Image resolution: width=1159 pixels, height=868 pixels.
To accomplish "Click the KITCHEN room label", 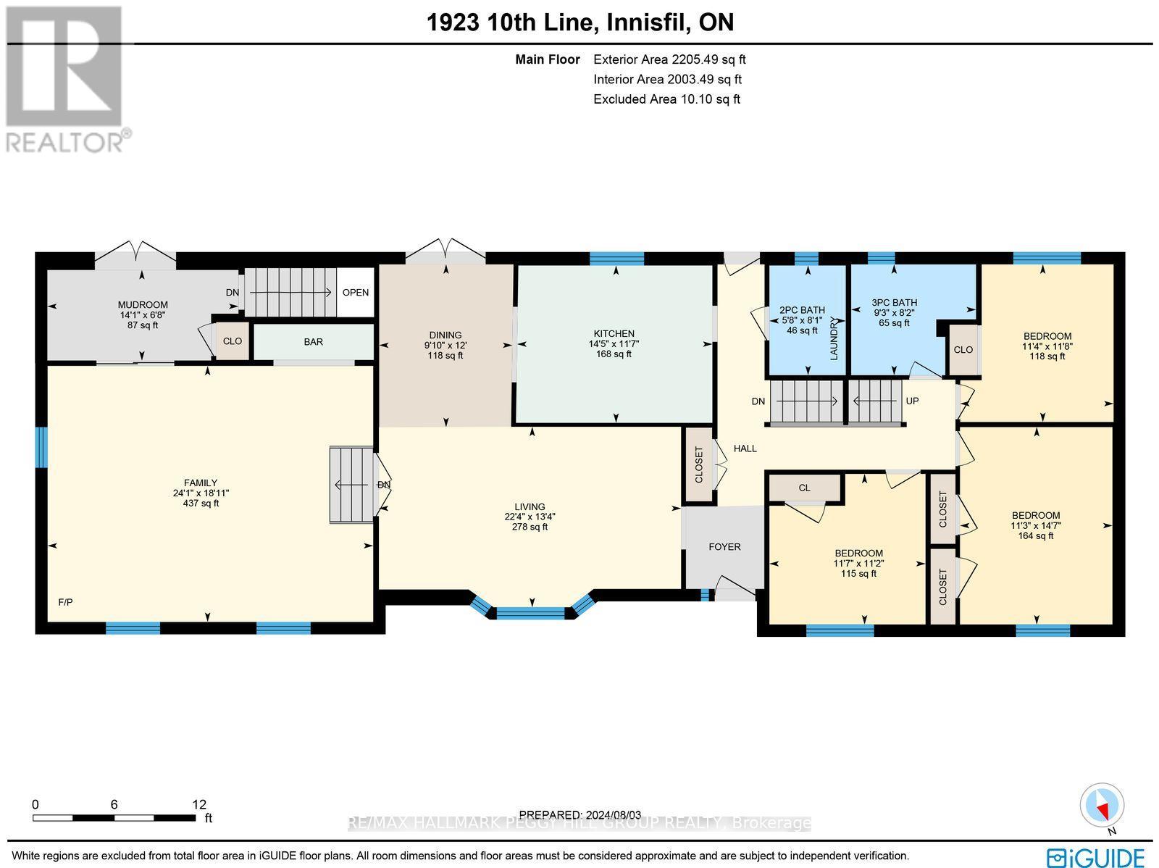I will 614,334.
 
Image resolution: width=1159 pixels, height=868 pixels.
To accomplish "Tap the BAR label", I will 313,341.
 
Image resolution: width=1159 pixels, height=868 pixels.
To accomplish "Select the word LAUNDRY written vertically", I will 834,338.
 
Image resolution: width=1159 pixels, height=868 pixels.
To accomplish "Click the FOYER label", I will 724,547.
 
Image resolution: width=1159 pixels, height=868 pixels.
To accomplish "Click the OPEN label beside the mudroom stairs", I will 356,293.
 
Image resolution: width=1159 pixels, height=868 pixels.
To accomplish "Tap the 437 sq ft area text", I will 201,503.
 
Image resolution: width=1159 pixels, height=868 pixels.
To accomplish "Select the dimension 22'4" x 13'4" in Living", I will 530,517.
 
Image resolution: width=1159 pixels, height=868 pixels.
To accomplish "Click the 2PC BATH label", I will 802,310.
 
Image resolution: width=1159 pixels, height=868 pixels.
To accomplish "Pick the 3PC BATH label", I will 894,303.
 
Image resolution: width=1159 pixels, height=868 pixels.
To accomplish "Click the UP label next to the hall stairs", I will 912,401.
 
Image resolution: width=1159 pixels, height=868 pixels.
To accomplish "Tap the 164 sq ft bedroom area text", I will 1035,535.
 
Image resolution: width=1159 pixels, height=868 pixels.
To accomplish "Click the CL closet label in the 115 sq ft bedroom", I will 804,488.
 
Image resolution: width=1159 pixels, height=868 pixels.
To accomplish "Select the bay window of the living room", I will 532,612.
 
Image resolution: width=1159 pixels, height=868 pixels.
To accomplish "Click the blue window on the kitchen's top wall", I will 616,258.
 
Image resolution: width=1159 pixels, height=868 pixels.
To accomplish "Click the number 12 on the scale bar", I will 198,804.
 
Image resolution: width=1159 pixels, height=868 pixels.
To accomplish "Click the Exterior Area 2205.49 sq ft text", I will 669,60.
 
